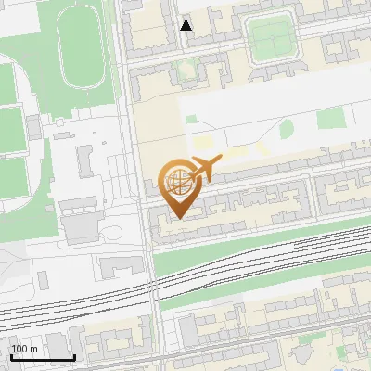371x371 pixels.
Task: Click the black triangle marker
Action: [186, 25]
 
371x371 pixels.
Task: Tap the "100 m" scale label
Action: [25, 349]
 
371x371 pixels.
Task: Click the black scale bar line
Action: [43, 357]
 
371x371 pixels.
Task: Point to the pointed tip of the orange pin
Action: [177, 217]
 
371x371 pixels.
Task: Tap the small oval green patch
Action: [287, 129]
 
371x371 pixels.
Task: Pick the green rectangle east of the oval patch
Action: [329, 119]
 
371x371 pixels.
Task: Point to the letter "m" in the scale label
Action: [33, 349]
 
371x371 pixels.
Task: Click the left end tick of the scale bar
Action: [12, 356]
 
